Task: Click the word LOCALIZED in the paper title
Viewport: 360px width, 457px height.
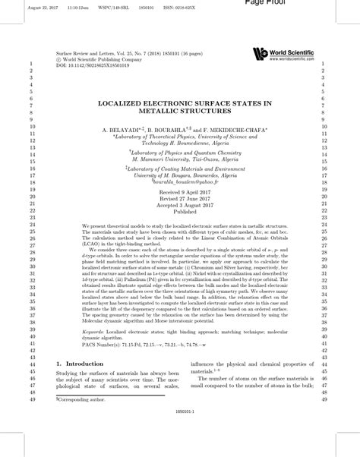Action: click(x=125, y=102)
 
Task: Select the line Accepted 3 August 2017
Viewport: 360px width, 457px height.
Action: click(x=179, y=206)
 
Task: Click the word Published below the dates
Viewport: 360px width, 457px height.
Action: click(x=179, y=213)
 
